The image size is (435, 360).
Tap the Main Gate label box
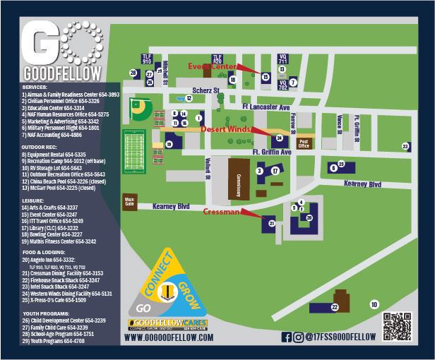[129, 200]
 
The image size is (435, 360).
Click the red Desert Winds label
[224, 129]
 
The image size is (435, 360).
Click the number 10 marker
[374, 304]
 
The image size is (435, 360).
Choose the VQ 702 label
[282, 88]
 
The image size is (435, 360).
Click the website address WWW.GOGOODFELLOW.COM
[168, 338]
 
